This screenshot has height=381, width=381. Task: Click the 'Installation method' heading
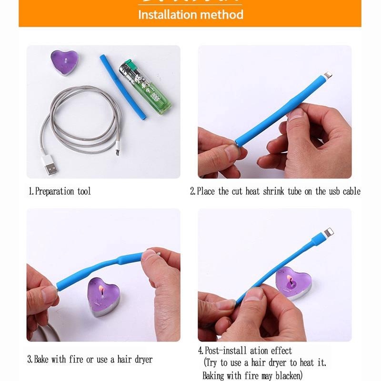tap(190, 14)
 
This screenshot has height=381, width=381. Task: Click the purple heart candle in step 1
tap(64, 62)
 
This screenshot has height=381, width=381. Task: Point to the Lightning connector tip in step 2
tap(328, 75)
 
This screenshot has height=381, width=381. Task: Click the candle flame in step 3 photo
tap(100, 289)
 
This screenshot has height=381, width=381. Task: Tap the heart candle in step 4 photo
tap(293, 282)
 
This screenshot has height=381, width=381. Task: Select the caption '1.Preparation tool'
tap(60, 191)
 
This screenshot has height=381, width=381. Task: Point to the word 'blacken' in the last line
tap(286, 376)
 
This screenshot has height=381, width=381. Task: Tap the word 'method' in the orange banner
tap(221, 14)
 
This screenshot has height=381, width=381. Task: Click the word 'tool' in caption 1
tap(83, 191)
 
